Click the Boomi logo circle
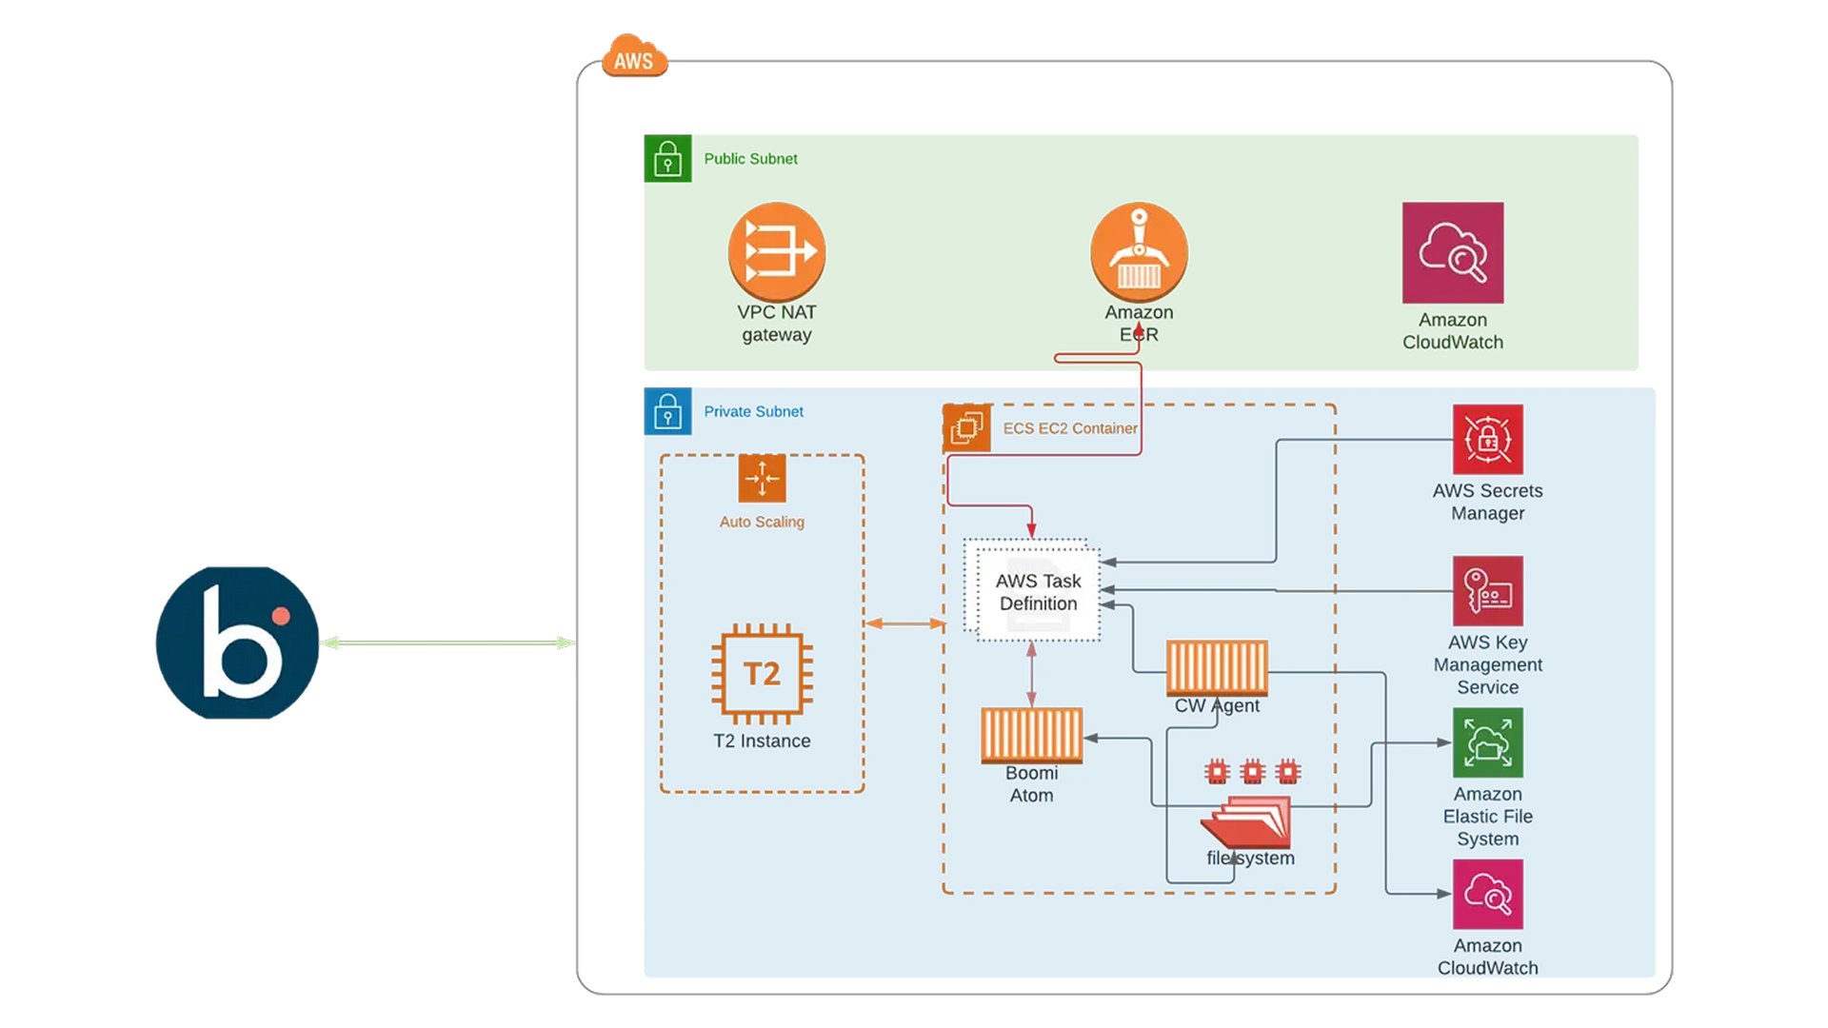click(x=237, y=642)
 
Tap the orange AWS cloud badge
click(x=634, y=57)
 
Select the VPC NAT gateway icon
click(x=776, y=252)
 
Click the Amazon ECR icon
click(x=1139, y=252)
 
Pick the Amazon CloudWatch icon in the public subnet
click(x=1452, y=252)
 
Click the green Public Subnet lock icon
click(x=667, y=159)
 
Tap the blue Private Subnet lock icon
click(x=667, y=411)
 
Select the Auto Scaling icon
click(x=762, y=478)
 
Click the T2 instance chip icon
click(x=762, y=674)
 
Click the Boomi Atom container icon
click(x=1031, y=735)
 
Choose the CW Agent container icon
click(x=1217, y=667)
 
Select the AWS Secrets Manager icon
click(x=1487, y=440)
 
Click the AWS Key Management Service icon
click(x=1487, y=591)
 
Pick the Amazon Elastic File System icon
click(x=1487, y=742)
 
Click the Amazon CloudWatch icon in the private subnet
click(x=1487, y=894)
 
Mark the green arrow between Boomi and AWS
click(x=447, y=642)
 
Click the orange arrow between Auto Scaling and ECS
click(x=904, y=623)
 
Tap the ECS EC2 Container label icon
click(x=966, y=427)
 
